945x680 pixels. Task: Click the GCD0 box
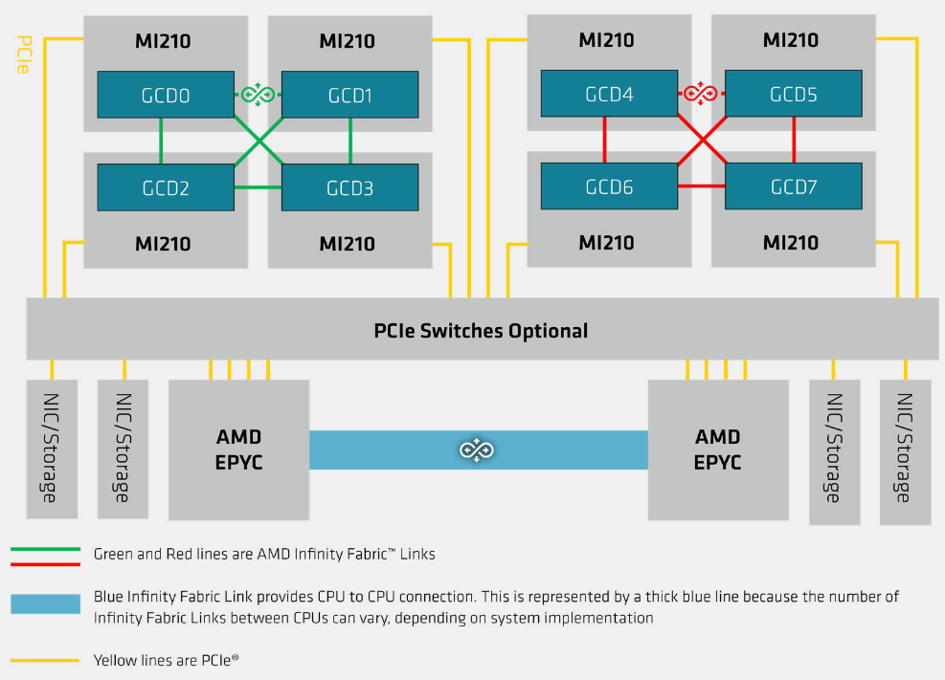166,95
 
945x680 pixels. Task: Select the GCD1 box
349,95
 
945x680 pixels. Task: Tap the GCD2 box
166,187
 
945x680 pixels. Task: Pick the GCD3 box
349,187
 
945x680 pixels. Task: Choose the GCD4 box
609,95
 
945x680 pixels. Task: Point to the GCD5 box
793,95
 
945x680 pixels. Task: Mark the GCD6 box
609,186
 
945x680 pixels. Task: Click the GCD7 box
793,186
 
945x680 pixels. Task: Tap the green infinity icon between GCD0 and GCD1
258,94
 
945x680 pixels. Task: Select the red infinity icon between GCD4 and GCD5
701,94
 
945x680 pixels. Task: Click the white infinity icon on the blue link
476,450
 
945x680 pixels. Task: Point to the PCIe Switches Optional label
481,331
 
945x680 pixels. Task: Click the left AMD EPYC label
238,450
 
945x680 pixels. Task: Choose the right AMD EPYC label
717,450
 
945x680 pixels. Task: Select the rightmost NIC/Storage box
905,451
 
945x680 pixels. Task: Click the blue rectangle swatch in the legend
45,604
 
